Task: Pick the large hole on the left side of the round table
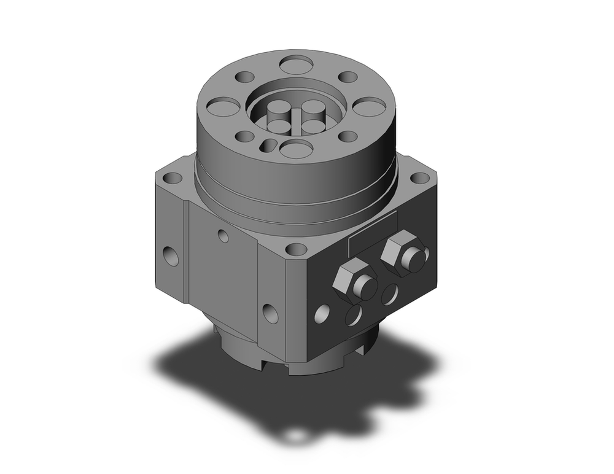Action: click(223, 106)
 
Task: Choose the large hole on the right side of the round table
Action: click(368, 106)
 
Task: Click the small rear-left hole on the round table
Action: click(245, 78)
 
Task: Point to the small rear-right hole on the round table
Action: click(348, 77)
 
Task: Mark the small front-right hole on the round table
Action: click(348, 136)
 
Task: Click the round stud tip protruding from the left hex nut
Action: click(367, 287)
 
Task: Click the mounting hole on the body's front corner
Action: click(297, 249)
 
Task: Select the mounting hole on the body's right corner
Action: click(420, 178)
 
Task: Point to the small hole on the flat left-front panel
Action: click(223, 235)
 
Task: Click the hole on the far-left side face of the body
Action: click(171, 255)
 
